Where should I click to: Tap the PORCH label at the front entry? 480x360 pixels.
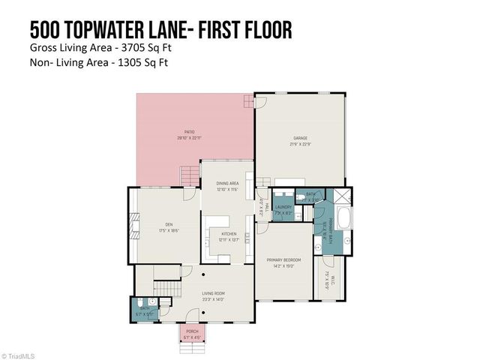point(192,332)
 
